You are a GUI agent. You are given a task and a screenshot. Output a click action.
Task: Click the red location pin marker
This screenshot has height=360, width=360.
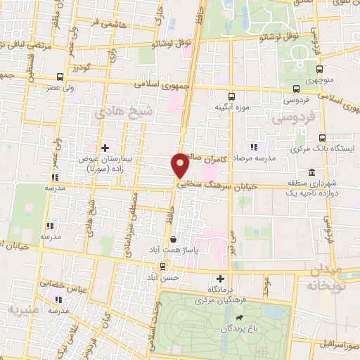(x=181, y=165)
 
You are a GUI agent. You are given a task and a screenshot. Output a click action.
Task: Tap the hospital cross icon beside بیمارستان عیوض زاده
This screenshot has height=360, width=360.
(x=105, y=148)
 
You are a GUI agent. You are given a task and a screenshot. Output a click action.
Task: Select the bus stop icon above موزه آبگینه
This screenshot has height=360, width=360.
(x=231, y=96)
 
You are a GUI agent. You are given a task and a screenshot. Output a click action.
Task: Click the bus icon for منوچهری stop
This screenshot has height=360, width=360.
(x=320, y=69)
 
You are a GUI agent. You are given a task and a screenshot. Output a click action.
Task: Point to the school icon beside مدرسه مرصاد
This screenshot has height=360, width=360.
(x=254, y=148)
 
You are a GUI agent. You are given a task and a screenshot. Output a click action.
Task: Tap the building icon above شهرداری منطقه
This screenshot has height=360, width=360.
(x=311, y=173)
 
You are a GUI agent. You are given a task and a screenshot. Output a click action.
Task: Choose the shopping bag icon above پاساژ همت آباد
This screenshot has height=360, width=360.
(x=173, y=239)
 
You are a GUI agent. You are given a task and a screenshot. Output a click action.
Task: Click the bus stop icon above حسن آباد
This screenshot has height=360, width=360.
(x=163, y=266)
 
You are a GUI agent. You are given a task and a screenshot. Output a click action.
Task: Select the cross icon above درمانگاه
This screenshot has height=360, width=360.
(x=221, y=278)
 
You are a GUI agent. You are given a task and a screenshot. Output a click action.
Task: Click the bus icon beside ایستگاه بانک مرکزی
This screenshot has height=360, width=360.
(x=322, y=138)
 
